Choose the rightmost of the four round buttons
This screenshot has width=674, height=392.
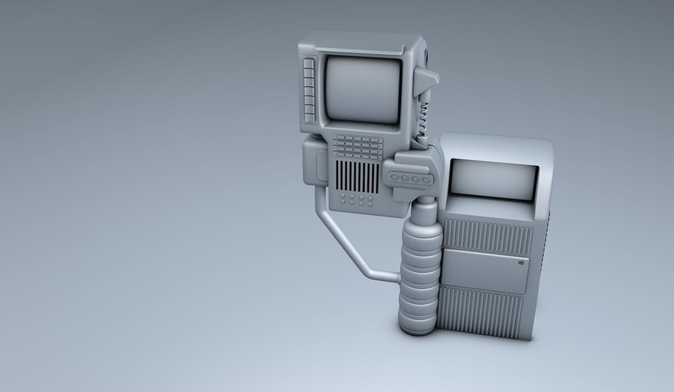click(x=426, y=180)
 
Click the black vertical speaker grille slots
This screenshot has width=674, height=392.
click(x=357, y=177)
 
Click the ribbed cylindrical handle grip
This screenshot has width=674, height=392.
click(x=419, y=277)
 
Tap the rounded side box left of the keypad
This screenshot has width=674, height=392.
click(x=315, y=162)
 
